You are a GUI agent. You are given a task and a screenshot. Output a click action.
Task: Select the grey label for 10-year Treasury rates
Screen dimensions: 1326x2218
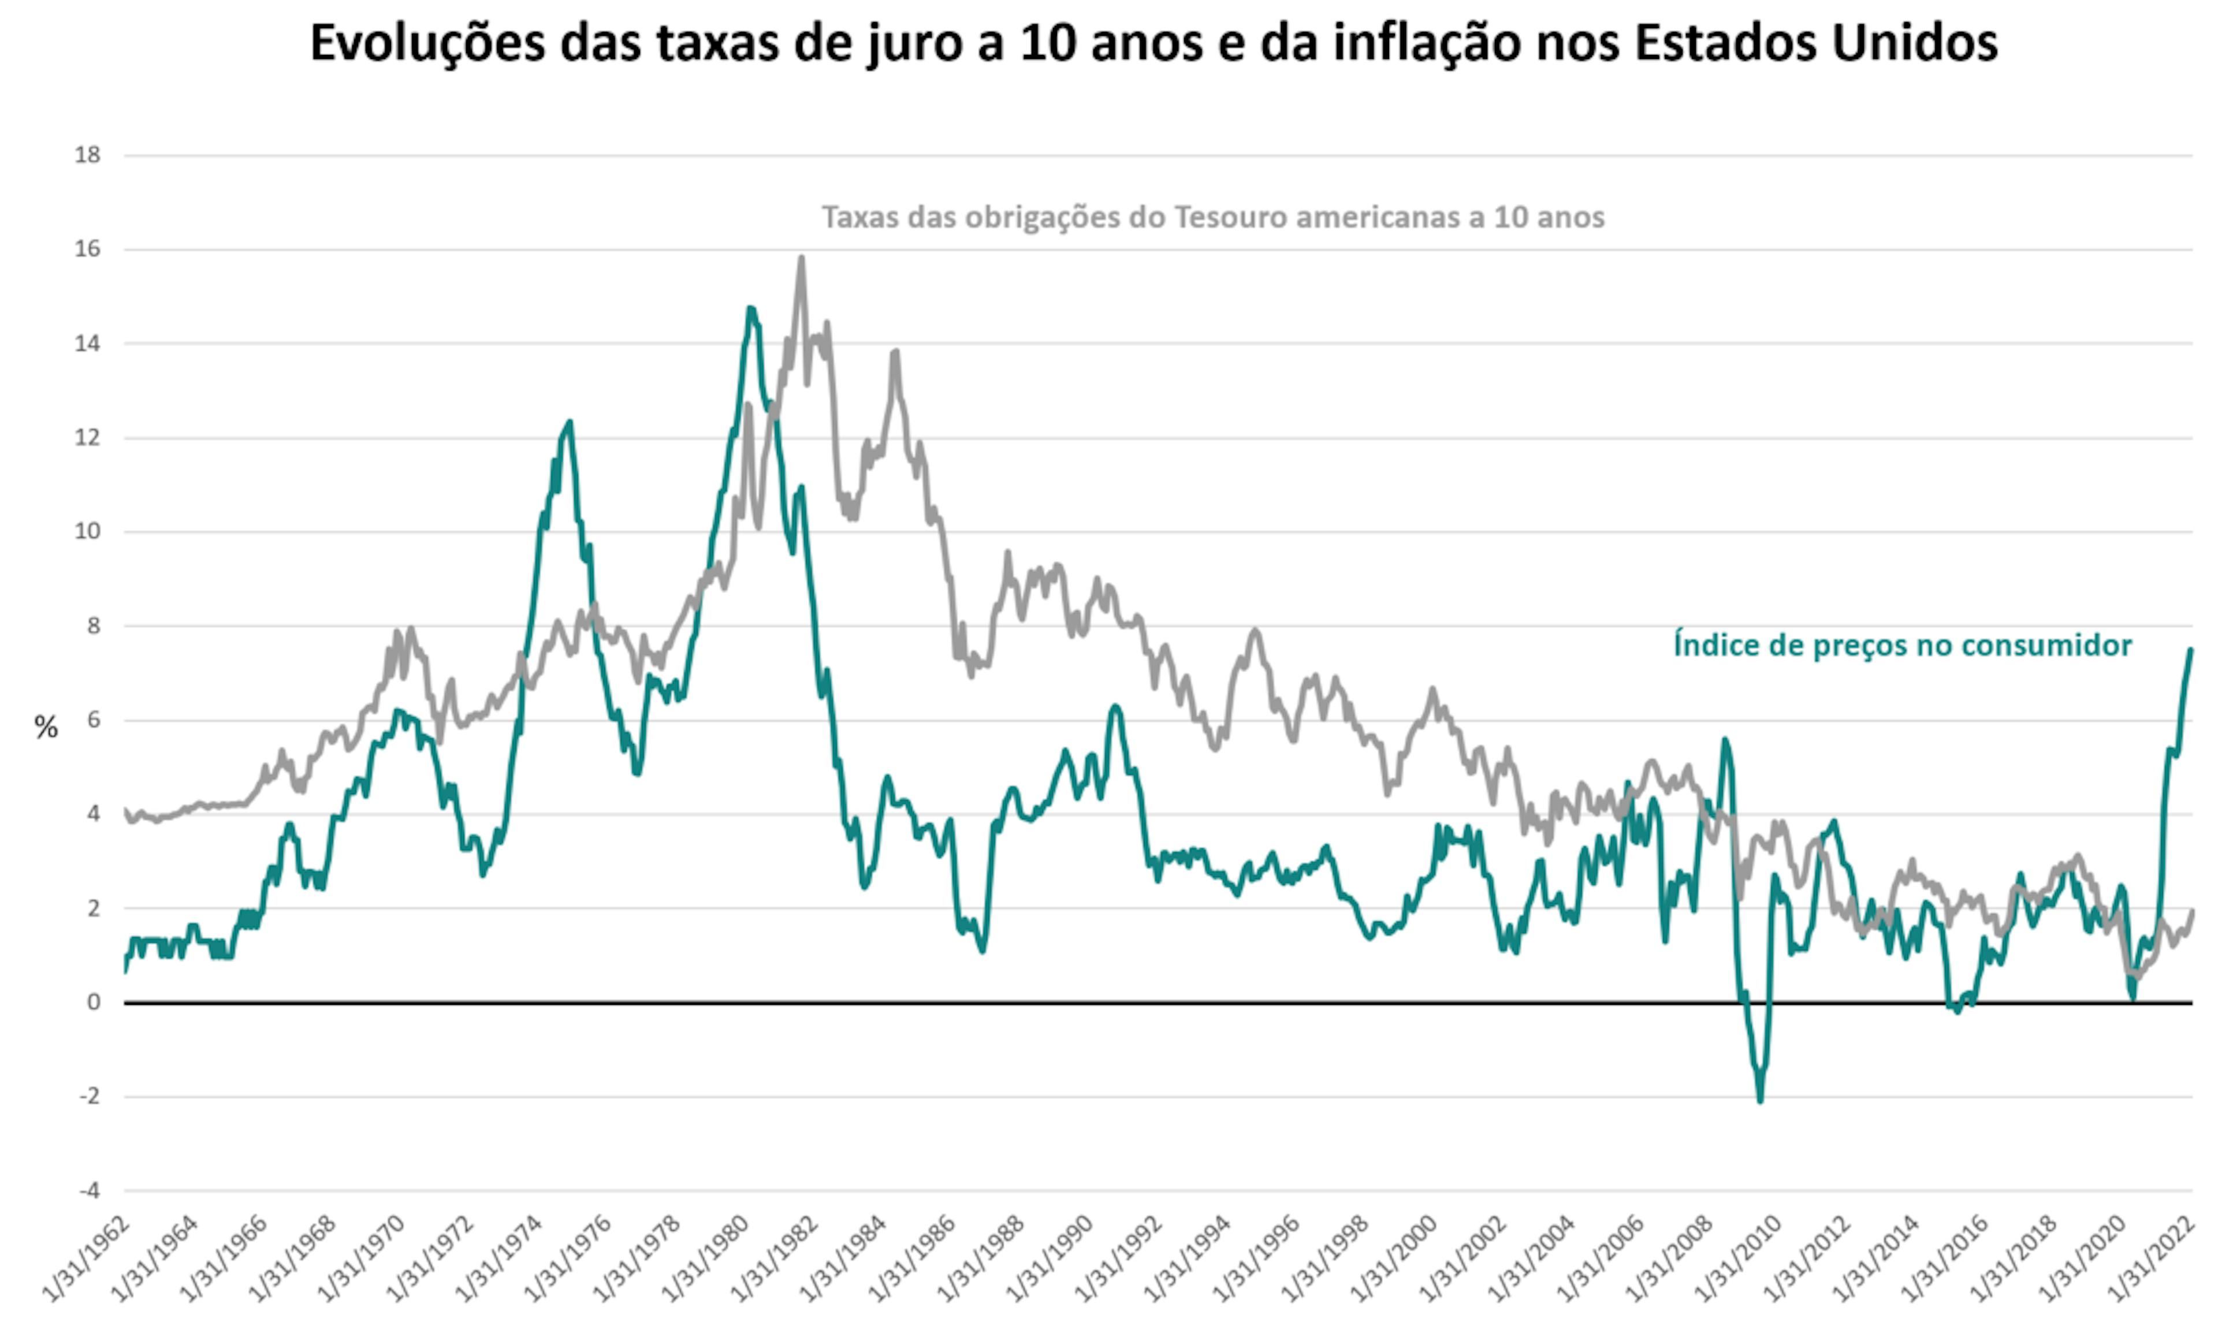(1212, 217)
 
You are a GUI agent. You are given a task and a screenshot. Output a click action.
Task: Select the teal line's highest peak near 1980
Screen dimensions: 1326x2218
(751, 308)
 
